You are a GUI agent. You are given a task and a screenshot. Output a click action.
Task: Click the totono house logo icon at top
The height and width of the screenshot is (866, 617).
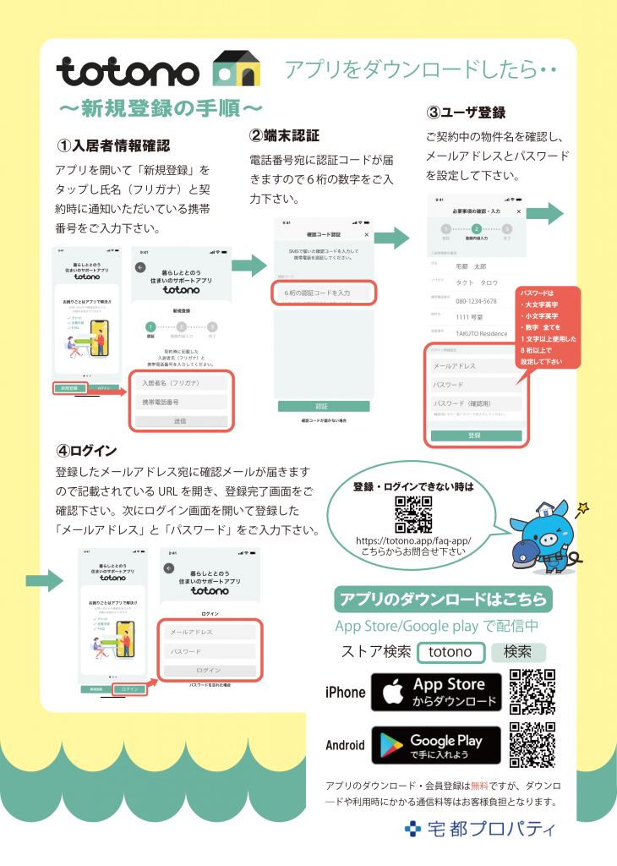pos(237,69)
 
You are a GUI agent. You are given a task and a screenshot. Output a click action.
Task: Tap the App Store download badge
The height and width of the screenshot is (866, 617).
pos(436,692)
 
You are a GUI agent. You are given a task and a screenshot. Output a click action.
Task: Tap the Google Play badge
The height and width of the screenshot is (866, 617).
pos(436,745)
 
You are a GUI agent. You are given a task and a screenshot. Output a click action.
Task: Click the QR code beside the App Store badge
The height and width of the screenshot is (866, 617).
pos(532,692)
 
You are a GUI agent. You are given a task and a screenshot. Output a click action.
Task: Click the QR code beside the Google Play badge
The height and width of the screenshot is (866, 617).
pos(532,745)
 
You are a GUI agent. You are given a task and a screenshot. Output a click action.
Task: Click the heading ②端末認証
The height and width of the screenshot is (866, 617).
pos(284,135)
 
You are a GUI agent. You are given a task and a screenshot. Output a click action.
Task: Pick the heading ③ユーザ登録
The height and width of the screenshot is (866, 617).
pos(466,112)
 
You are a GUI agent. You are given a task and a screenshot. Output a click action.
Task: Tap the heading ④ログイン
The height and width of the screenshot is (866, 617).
pos(85,450)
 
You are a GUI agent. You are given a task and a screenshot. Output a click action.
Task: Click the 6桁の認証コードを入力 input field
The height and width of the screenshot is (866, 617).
pos(324,293)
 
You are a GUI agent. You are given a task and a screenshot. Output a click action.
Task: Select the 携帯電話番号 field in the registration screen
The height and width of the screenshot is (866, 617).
pos(181,403)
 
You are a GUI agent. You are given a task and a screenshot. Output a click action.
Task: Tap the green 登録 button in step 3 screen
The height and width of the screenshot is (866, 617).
pos(474,435)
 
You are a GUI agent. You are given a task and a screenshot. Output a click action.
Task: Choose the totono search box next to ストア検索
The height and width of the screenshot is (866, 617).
pos(450,652)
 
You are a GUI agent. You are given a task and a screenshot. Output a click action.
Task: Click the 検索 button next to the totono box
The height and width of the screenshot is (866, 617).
pos(518,652)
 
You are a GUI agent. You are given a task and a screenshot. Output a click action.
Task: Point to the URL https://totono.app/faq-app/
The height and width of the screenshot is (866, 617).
pos(412,540)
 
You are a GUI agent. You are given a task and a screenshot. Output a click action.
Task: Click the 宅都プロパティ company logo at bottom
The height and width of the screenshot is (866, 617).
pos(480,828)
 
